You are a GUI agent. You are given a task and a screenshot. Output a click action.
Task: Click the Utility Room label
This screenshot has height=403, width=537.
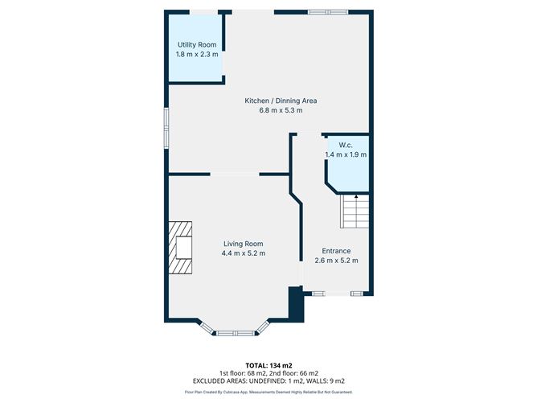click(x=197, y=45)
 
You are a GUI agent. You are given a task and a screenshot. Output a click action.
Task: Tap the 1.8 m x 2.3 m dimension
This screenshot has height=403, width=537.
click(x=197, y=54)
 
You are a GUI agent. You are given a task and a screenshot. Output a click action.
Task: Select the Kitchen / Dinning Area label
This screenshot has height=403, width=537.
click(x=281, y=101)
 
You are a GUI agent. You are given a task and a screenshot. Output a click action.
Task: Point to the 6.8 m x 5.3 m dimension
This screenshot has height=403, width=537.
click(x=281, y=110)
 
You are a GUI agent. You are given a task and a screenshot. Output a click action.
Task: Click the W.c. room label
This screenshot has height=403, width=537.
click(x=346, y=145)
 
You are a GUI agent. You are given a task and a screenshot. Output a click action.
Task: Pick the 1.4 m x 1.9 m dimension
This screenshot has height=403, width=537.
click(x=346, y=154)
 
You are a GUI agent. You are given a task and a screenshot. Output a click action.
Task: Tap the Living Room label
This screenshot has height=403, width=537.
click(x=243, y=244)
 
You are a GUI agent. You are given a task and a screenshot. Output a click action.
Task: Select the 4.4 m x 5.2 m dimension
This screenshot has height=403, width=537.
click(x=243, y=253)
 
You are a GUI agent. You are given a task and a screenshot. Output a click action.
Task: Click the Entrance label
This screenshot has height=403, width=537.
click(x=336, y=251)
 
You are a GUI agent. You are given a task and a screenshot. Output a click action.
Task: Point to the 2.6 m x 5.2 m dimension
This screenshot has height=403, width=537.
click(x=336, y=261)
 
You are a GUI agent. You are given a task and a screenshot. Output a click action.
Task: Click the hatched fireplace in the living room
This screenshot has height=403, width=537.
click(x=180, y=248)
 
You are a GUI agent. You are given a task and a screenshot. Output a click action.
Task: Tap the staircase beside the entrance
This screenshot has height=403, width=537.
click(x=355, y=212)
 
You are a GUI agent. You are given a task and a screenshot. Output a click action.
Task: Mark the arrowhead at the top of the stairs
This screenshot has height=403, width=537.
click(x=356, y=197)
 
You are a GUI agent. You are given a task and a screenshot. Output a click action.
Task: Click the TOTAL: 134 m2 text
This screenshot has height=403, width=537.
click(x=268, y=366)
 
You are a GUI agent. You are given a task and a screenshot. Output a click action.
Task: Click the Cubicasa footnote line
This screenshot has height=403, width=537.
click(x=268, y=392)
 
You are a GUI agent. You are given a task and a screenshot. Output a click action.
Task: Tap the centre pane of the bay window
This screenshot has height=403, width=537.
click(x=236, y=333)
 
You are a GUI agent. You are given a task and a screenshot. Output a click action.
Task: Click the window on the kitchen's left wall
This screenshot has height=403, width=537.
click(x=166, y=128)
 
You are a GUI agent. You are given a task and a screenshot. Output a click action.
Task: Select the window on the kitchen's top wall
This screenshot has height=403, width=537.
click(x=328, y=12)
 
